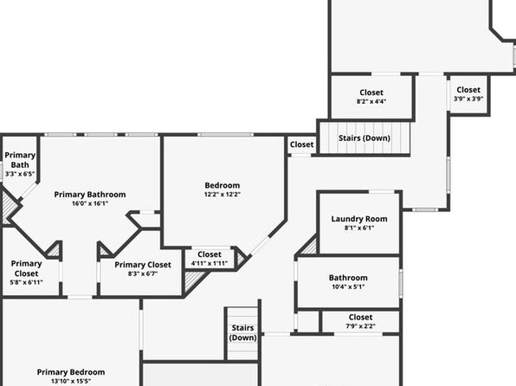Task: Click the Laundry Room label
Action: pos(359,219)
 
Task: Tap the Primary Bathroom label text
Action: pos(90,195)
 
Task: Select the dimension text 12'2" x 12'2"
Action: pos(223,194)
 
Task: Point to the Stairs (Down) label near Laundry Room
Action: pos(364,138)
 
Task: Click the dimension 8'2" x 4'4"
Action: pos(371,101)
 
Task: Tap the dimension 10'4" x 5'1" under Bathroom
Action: pos(348,286)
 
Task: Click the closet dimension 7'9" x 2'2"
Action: pos(361,326)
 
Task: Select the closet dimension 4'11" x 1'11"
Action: pos(210,263)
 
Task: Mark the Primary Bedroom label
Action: pos(71,372)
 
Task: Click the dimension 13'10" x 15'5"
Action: pos(71,382)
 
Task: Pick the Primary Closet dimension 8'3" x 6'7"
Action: pos(143,273)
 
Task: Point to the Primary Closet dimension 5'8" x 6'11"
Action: pos(26,282)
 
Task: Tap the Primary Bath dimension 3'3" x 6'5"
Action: pos(20,174)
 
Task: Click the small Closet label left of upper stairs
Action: pos(302,145)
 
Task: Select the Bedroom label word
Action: pos(223,185)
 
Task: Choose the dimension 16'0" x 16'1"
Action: pos(90,203)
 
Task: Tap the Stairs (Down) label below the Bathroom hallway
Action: pos(243,332)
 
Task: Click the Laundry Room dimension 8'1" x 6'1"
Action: pos(359,228)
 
